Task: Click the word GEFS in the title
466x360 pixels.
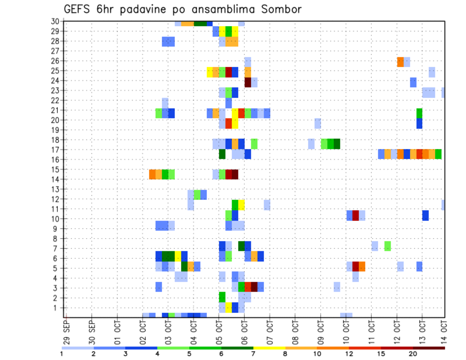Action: [78, 9]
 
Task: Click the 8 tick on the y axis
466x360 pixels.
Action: [57, 239]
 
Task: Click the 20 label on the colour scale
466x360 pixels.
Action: [413, 354]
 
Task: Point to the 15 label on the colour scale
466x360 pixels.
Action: [381, 354]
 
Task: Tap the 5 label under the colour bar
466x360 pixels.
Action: [189, 354]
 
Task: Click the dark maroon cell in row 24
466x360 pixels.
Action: [248, 82]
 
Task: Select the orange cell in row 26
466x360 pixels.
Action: [400, 62]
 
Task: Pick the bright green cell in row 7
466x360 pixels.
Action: [387, 246]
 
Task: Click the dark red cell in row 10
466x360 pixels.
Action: [355, 215]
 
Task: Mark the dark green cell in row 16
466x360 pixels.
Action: [222, 154]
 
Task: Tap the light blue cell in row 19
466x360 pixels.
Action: [317, 123]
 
